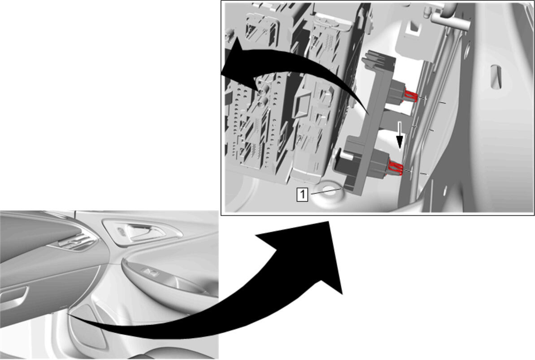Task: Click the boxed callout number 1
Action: (x=302, y=195)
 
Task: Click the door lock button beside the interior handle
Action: (x=122, y=232)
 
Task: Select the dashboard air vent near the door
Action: (x=76, y=241)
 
